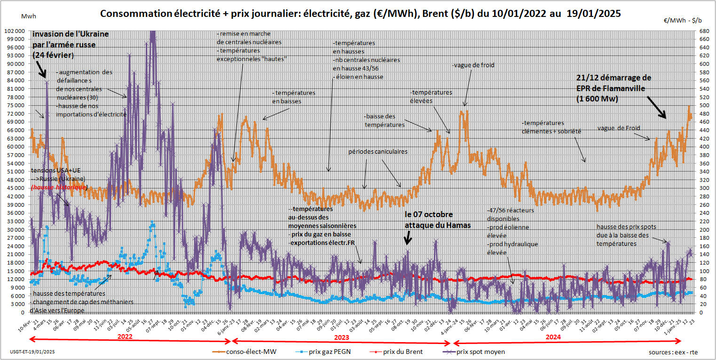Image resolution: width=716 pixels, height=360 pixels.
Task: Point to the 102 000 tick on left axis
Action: pos(16,31)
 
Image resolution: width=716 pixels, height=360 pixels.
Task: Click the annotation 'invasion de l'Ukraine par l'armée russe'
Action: pos(71,45)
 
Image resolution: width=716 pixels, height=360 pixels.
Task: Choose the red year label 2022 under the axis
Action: pos(125,337)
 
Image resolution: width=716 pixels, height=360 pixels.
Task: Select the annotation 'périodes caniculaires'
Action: pos(378,152)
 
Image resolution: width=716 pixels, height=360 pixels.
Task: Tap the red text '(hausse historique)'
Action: pos(59,188)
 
